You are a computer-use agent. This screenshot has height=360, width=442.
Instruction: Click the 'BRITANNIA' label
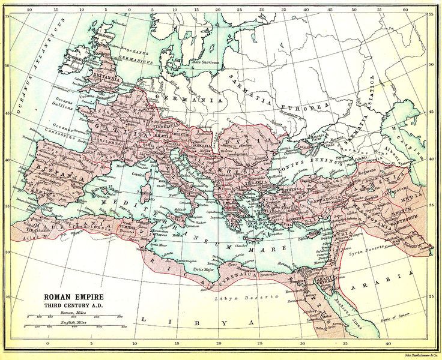[106, 79]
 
